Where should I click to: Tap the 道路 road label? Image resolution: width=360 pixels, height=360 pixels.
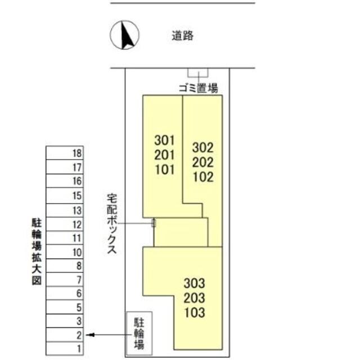click(183, 35)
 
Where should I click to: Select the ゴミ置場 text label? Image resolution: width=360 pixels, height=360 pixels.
click(197, 88)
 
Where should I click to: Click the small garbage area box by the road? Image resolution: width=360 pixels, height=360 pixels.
click(197, 72)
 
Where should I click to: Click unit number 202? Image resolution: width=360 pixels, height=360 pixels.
click(203, 163)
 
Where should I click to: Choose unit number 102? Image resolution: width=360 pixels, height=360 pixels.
click(203, 177)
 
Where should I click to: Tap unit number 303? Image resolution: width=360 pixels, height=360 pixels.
click(194, 283)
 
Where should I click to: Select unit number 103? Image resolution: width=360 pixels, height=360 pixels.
click(194, 313)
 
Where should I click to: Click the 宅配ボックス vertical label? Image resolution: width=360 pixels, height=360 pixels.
click(112, 224)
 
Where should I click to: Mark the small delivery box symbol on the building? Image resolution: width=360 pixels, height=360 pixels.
click(154, 223)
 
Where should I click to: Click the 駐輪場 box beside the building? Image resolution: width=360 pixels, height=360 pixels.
click(138, 335)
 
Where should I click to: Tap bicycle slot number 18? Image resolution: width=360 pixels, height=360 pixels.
click(77, 153)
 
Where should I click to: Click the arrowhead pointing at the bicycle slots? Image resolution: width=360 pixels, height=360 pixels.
click(91, 335)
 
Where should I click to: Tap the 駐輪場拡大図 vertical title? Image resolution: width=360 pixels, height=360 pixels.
click(37, 253)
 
